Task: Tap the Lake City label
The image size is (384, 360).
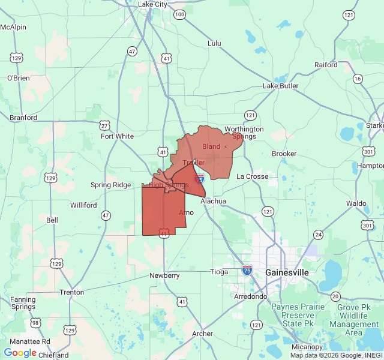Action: tap(153, 4)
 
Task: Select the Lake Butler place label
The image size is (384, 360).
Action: tap(281, 86)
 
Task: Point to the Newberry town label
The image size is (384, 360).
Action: tap(164, 275)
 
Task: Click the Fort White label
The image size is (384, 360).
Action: tap(118, 136)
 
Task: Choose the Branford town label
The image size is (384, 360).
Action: tap(23, 118)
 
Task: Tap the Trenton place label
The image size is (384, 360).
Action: tap(71, 292)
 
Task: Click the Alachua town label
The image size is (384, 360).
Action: tap(213, 202)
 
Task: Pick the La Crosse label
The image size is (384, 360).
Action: tap(252, 176)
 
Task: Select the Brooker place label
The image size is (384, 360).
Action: tap(284, 154)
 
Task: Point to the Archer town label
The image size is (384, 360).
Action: tap(202, 334)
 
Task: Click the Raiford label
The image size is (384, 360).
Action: tap(326, 65)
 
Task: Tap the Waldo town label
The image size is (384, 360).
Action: tap(356, 203)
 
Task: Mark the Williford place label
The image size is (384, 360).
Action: tap(83, 205)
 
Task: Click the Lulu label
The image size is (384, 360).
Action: tap(214, 43)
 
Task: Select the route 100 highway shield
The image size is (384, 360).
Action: tap(179, 14)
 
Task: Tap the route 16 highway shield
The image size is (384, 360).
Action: tap(358, 79)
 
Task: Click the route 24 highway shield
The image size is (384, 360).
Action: tap(318, 234)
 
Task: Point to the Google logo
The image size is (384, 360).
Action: tap(20, 353)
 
